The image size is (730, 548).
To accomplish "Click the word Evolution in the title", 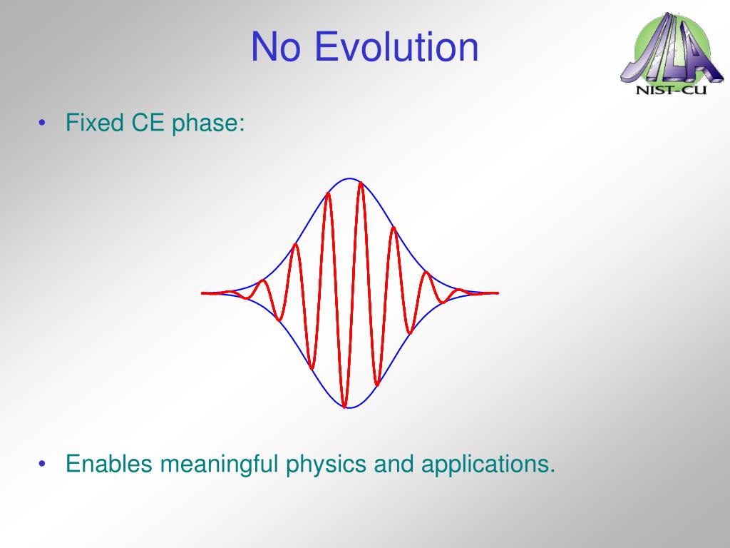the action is tap(396, 46).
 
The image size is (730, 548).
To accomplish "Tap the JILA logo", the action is tap(672, 54).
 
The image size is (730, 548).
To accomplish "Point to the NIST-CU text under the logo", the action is tap(671, 90).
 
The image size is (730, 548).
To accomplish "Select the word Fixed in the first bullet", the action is tap(95, 123).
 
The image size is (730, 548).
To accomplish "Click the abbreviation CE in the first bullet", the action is tap(148, 123).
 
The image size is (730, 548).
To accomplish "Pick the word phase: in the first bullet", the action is tap(208, 124).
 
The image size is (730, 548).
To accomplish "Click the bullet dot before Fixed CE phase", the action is tap(42, 123).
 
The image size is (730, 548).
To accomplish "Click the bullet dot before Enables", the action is tap(42, 464).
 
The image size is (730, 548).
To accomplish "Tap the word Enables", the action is tap(109, 464).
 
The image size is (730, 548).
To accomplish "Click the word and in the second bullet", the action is tap(394, 464).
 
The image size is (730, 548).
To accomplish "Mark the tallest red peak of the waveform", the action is tap(361, 183).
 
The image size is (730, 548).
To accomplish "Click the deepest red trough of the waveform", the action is tap(344, 406).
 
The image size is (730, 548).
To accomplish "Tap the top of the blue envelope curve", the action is tap(349, 178).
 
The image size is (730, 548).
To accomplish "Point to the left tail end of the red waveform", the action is tap(202, 293).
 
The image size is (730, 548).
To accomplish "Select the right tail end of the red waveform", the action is tap(498, 293).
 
